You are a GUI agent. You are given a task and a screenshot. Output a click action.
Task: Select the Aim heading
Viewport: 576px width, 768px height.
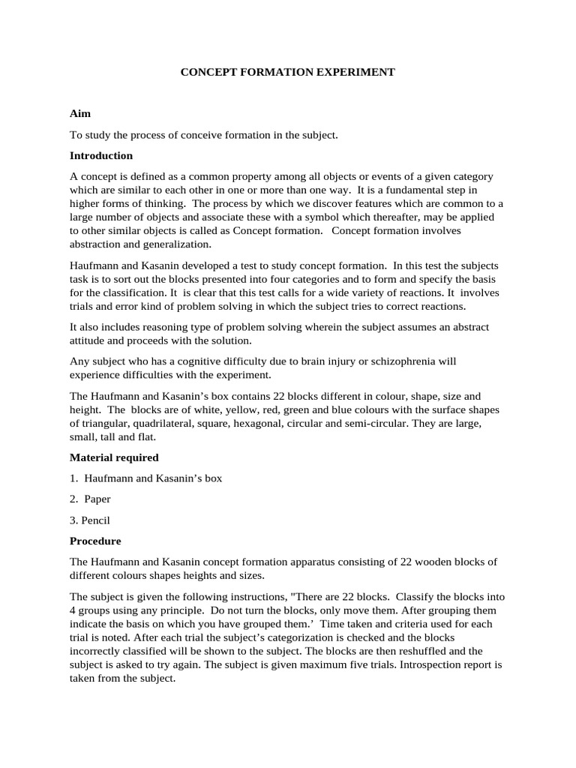point(80,114)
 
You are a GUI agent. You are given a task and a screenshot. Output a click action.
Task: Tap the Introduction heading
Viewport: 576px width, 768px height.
point(101,156)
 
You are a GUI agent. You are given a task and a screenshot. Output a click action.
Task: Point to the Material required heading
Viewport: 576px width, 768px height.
point(114,457)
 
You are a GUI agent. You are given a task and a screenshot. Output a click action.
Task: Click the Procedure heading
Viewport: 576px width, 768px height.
point(95,541)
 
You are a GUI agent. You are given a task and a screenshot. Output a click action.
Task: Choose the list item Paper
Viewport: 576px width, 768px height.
point(97,499)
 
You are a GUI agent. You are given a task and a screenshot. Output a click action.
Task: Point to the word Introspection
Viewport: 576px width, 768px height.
point(395,664)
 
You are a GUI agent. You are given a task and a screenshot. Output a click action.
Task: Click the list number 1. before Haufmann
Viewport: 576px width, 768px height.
point(73,478)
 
